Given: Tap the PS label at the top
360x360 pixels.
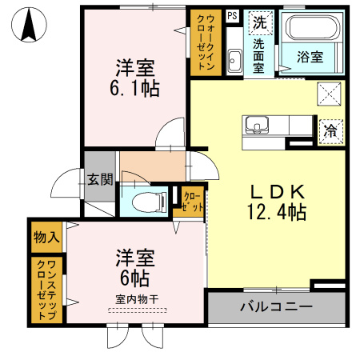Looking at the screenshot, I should click(231, 15).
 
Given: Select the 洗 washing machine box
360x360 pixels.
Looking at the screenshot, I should click(259, 22).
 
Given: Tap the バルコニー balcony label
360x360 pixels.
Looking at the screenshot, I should click(276, 307).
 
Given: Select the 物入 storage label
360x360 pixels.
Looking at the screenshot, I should click(46, 237).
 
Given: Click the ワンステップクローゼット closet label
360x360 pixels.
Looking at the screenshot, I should click(46, 290).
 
